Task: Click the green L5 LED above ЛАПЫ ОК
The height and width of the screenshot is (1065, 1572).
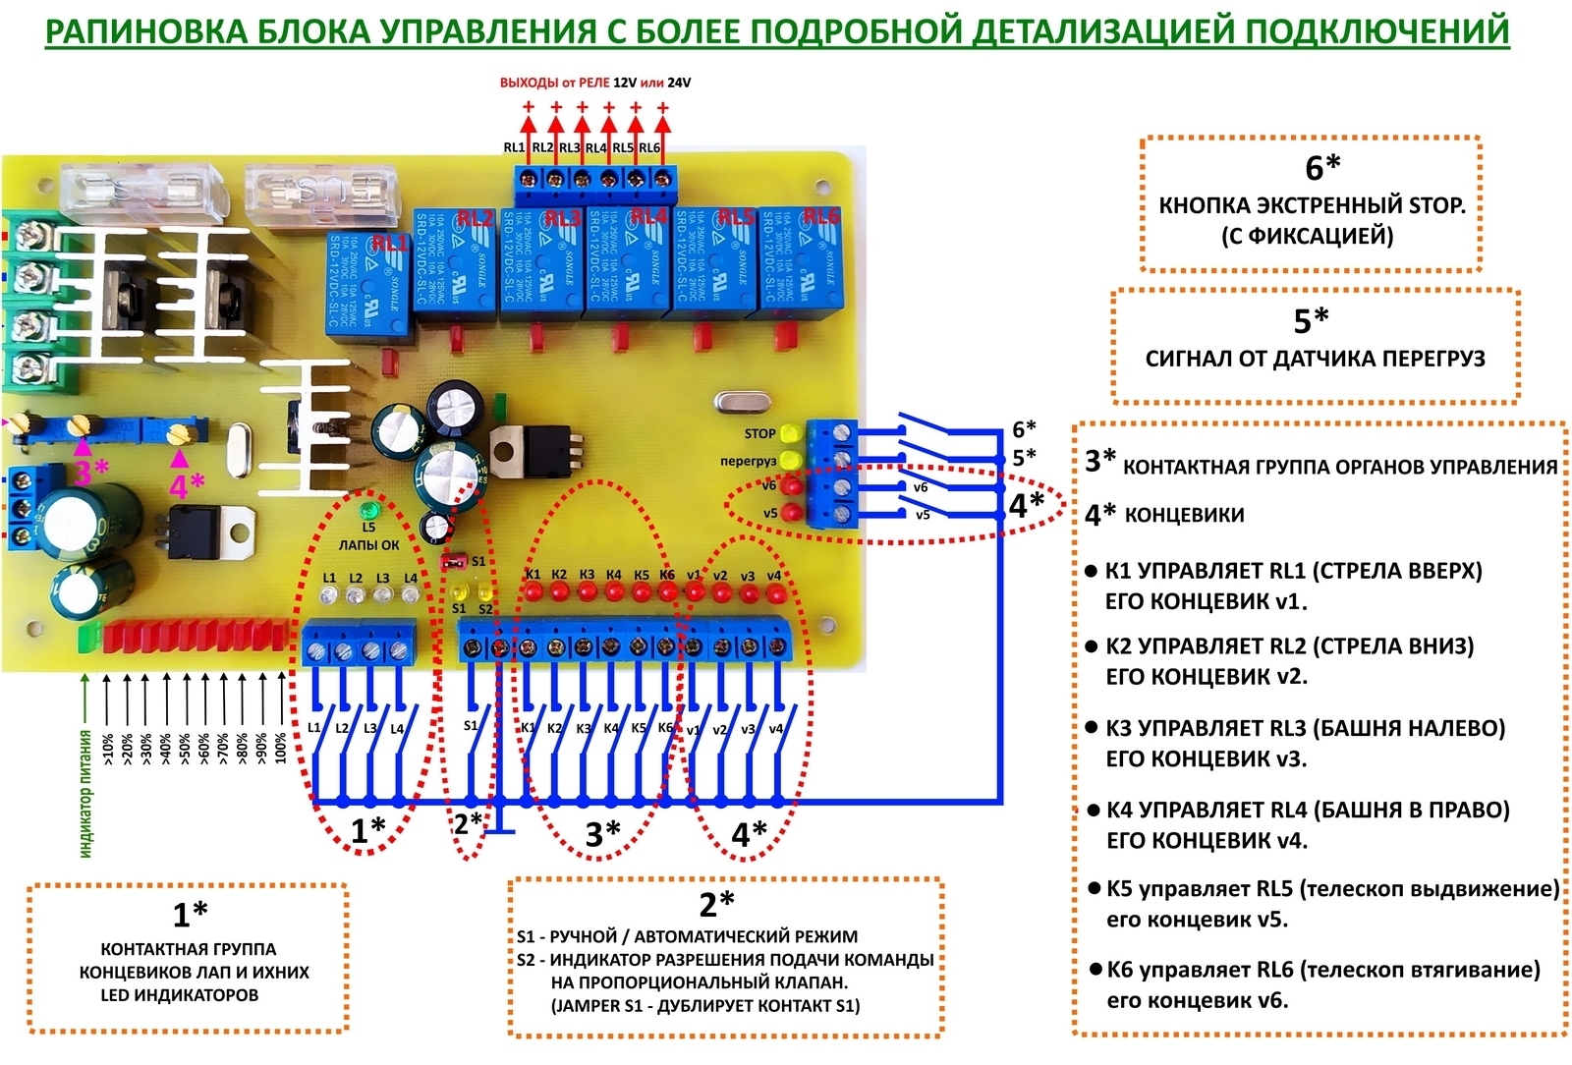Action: click(369, 512)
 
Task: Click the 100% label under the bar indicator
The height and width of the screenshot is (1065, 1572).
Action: click(282, 748)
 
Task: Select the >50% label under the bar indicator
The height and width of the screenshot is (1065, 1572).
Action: click(185, 748)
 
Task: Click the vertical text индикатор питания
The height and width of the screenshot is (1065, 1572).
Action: click(86, 794)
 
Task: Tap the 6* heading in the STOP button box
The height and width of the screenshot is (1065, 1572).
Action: click(1322, 168)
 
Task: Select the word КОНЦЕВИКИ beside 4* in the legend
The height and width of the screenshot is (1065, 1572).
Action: click(1184, 515)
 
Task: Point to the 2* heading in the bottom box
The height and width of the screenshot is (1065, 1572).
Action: click(717, 903)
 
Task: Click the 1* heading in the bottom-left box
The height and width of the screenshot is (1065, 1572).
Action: click(190, 914)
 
